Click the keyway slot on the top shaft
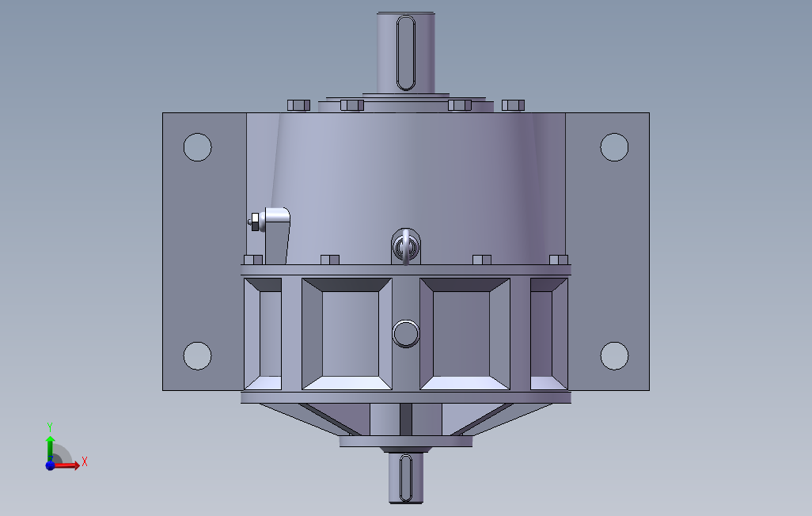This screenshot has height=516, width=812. (405, 52)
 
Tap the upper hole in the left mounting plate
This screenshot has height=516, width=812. (197, 147)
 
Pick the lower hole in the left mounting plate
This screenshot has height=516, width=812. (197, 355)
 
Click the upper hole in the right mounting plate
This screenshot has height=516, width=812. (614, 147)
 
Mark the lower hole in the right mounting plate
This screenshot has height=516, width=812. (614, 355)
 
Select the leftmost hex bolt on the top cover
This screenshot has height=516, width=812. (298, 105)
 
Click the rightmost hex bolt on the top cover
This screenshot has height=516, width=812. (513, 105)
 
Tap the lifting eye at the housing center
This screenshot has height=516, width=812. (405, 246)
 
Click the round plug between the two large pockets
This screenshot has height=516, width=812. (405, 334)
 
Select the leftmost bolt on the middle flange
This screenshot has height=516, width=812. (253, 260)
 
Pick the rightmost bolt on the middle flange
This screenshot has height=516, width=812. (559, 260)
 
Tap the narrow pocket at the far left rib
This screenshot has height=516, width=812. (270, 333)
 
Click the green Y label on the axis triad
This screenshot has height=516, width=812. (49, 426)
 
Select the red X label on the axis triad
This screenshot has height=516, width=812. (84, 461)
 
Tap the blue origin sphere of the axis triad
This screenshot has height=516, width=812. (50, 465)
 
